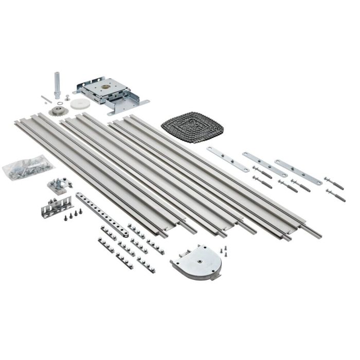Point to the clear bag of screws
click(28, 168)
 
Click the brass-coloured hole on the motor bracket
click(110, 86)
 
